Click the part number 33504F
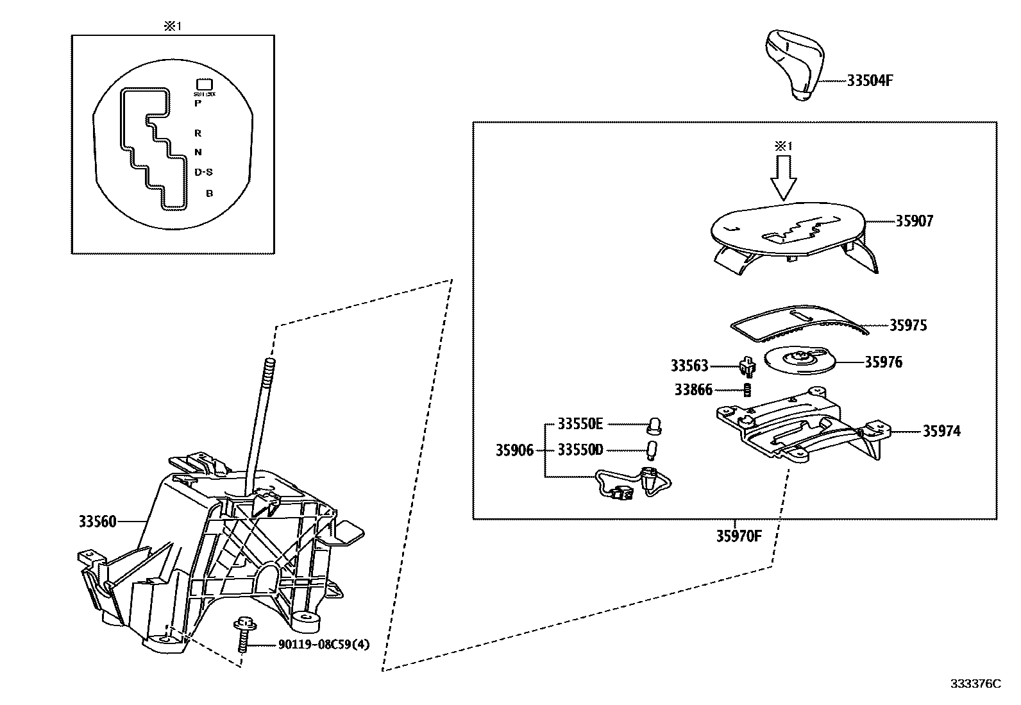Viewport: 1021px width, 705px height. coord(870,81)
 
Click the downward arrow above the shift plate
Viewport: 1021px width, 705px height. coord(783,178)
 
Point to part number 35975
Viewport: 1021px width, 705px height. coord(907,325)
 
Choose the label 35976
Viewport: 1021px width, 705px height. coord(883,362)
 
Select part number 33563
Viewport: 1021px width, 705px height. coord(689,366)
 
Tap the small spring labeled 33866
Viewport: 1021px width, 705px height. coord(747,389)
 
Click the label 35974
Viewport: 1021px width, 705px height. coord(941,431)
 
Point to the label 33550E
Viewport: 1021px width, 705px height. coord(580,423)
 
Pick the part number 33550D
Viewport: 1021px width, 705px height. coord(580,450)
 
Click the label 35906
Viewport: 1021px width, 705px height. coord(514,450)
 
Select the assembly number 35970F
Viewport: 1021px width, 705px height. coord(739,535)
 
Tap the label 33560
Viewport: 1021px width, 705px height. coord(97,522)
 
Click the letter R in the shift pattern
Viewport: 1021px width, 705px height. coord(198,133)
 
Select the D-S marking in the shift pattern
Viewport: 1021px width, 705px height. coord(203,172)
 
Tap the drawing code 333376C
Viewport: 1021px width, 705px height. coord(975,684)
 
